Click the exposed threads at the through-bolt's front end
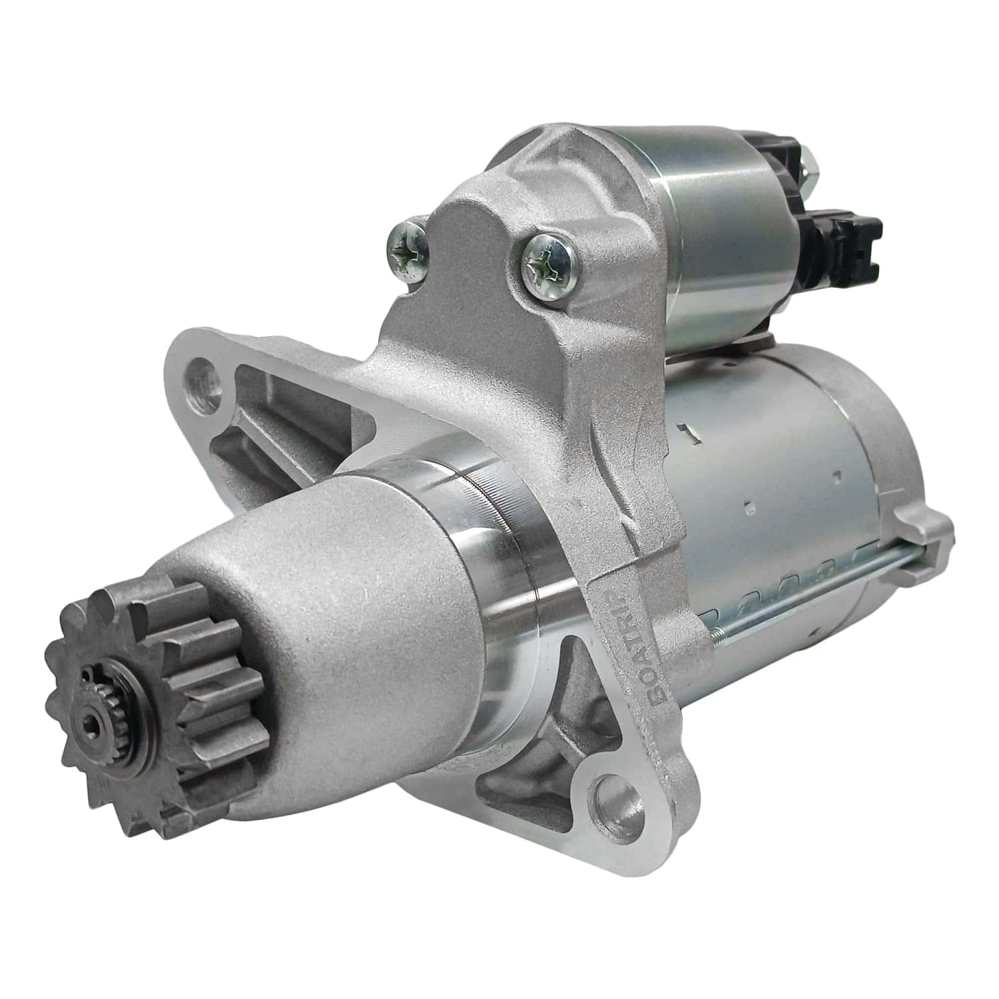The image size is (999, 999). tap(719, 619)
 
